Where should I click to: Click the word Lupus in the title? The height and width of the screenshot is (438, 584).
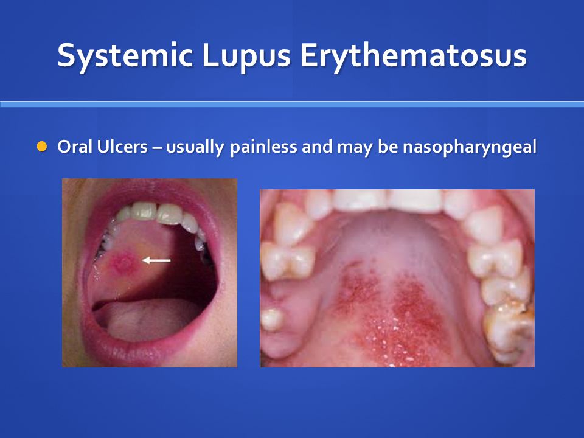[x=246, y=56]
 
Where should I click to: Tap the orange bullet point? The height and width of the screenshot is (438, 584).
[x=41, y=147]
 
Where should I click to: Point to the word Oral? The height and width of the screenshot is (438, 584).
[x=74, y=147]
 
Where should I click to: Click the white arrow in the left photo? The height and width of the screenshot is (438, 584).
[x=157, y=260]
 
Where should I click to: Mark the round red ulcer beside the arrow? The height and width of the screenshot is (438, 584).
[x=123, y=262]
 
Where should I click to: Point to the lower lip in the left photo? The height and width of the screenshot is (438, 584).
[x=152, y=352]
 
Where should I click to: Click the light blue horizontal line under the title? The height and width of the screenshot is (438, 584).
[x=292, y=104]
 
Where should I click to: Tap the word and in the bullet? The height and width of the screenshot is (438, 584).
[x=318, y=147]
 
